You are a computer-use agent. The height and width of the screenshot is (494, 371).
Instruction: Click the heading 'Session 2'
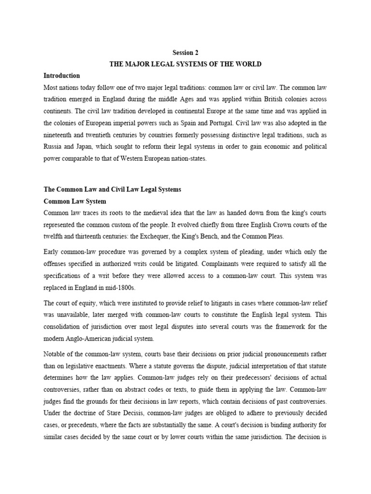tap(185, 53)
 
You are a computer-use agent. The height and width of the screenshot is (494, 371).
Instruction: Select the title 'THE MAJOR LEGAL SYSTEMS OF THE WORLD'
tap(185, 64)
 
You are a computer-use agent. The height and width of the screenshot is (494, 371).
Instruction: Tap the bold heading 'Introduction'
tap(61, 76)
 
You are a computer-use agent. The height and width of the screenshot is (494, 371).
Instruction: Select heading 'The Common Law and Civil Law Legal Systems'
tap(112, 190)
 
